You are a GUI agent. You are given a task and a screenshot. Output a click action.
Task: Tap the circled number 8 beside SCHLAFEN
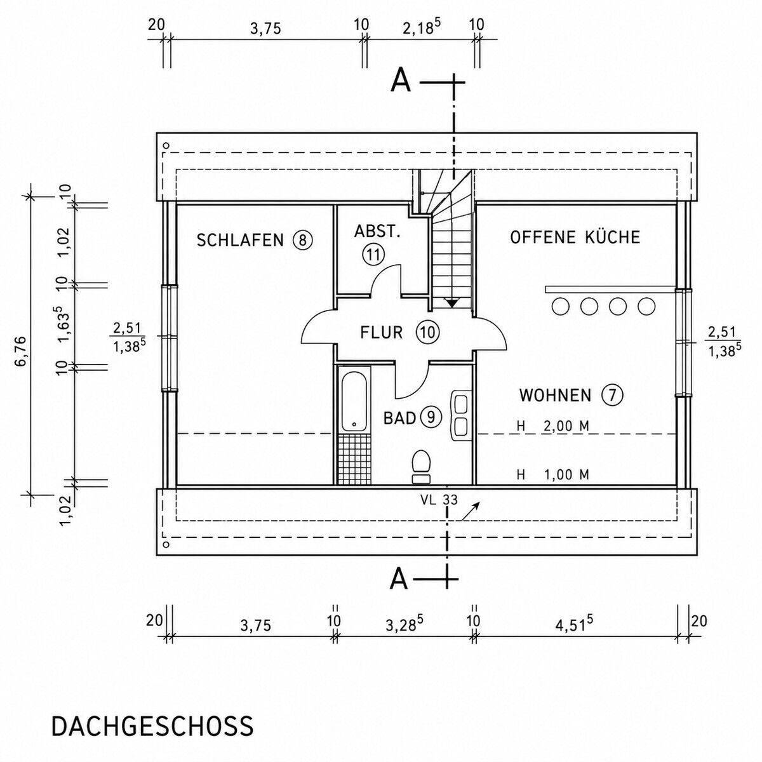(302, 240)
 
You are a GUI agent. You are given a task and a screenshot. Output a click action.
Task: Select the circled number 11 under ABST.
(373, 254)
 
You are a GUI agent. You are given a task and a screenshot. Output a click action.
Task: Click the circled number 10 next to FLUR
(428, 332)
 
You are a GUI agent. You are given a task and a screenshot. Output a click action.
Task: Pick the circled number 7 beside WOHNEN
(612, 395)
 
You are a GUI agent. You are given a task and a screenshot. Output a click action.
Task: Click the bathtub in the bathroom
(354, 402)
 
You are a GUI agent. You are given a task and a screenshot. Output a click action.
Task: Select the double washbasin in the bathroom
(460, 415)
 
